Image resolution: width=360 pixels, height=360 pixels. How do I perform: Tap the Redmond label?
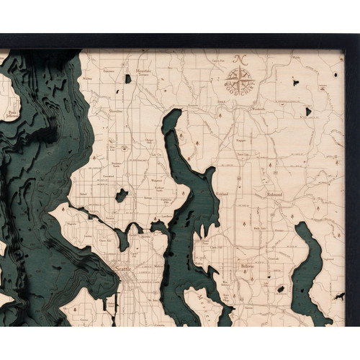coord(274,194)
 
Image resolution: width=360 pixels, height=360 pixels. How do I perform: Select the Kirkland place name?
coord(223,194)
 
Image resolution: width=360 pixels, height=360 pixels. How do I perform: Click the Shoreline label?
coord(115,112)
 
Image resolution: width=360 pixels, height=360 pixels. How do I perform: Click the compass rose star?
coord(238,77)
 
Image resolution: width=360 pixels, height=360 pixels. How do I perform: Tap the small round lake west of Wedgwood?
coord(122,195)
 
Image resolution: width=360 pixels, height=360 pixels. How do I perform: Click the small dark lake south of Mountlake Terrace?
coord(128,78)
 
